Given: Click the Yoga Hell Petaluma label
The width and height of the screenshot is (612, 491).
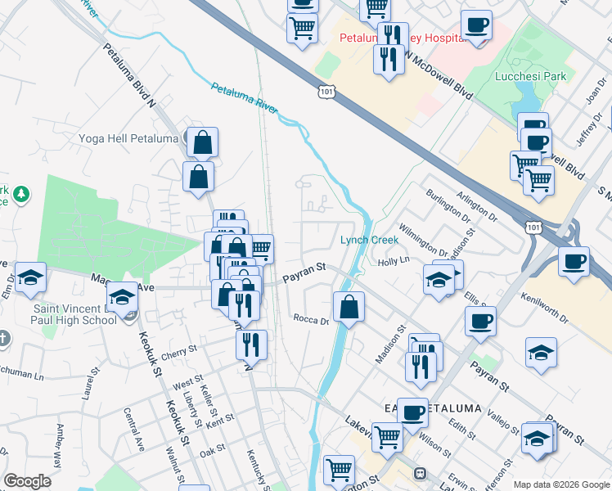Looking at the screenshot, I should click(x=128, y=138).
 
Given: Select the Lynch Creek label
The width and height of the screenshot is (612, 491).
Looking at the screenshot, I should click(x=369, y=240).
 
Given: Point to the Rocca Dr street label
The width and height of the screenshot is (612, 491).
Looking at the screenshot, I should click(x=310, y=320).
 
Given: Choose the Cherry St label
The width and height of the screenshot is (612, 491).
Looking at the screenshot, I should click(x=180, y=351).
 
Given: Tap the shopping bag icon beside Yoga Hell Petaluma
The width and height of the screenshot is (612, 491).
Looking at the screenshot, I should click(x=202, y=143).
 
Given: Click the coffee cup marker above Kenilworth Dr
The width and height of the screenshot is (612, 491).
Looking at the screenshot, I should click(x=574, y=263).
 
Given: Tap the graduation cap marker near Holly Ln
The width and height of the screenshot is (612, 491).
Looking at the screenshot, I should click(x=439, y=280).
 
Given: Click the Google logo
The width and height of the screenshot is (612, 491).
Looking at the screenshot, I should click(x=27, y=481).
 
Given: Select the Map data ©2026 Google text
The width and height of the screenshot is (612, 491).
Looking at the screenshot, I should click(x=561, y=484).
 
